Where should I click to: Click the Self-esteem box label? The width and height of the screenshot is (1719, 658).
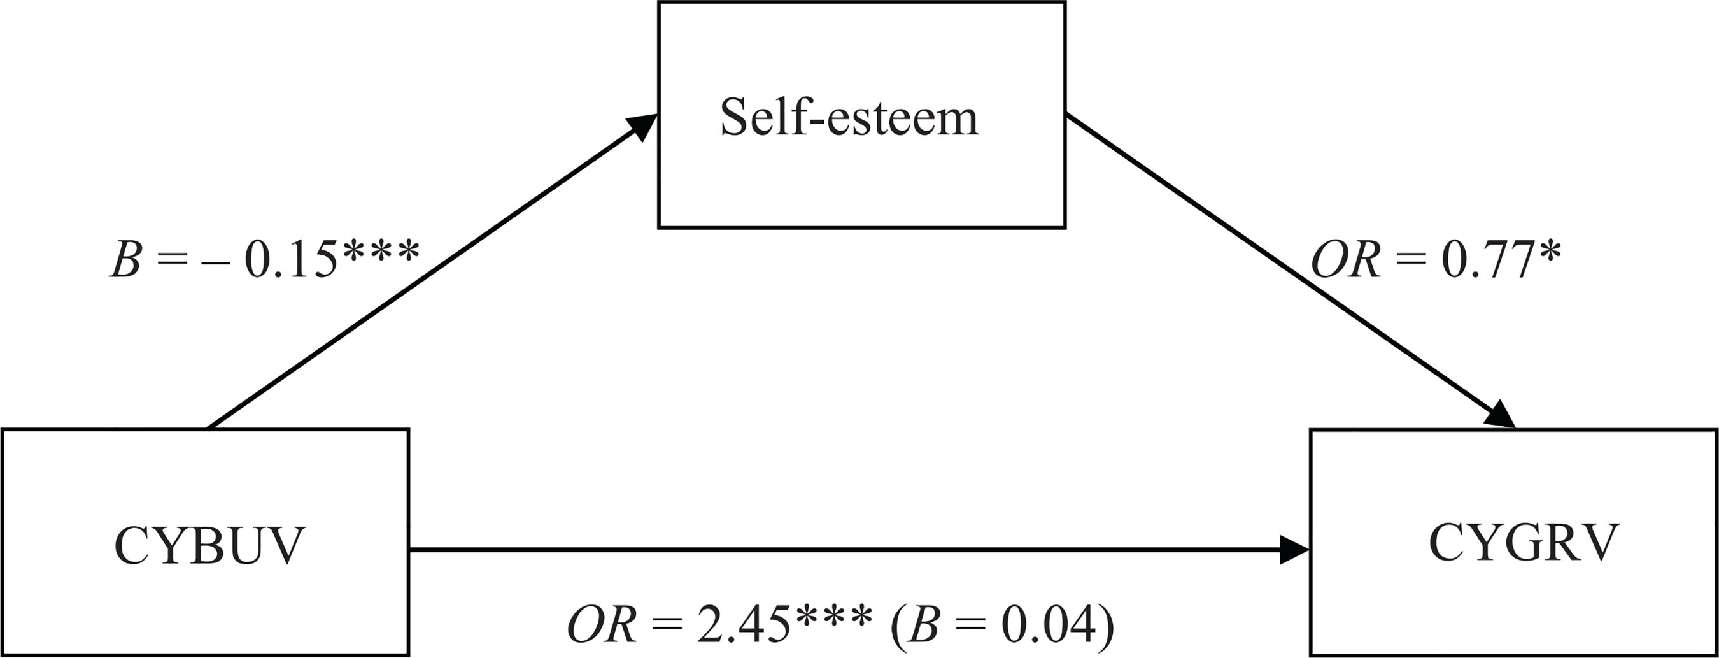coord(849,118)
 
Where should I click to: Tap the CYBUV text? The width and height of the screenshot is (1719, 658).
coord(209,546)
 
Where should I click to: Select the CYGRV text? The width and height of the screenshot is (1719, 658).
coord(1524,543)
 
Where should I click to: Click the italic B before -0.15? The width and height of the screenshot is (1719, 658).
coord(125,261)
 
